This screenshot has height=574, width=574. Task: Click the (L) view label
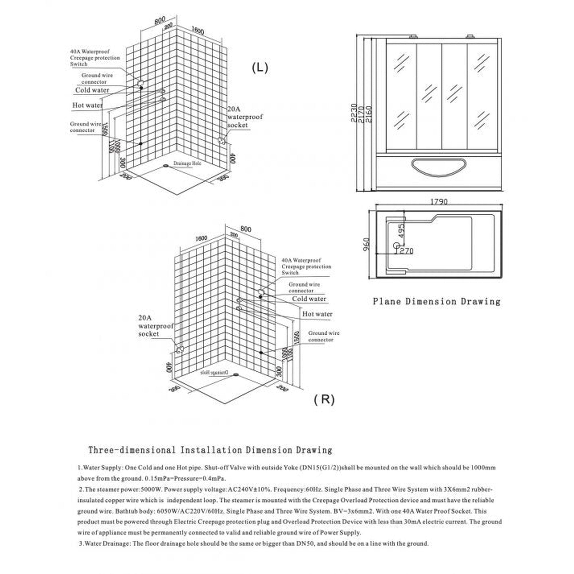point(260,68)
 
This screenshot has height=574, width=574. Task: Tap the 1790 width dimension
point(439,202)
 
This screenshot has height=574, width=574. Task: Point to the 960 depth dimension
point(367,244)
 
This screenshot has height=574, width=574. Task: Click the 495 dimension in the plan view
point(401,230)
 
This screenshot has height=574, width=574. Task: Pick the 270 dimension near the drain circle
point(404,251)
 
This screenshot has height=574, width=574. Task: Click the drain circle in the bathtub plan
point(396,245)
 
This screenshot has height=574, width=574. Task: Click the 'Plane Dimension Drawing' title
point(436,302)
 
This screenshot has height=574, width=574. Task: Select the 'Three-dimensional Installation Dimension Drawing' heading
point(210,450)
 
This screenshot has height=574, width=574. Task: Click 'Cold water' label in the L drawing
point(92,90)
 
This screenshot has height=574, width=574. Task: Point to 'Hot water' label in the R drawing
point(317,314)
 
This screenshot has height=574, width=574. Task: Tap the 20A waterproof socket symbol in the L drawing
point(222,140)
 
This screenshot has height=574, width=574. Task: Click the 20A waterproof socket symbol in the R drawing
point(179,350)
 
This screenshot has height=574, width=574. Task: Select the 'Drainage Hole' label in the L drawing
point(187,163)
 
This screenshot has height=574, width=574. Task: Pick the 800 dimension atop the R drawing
point(246,229)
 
